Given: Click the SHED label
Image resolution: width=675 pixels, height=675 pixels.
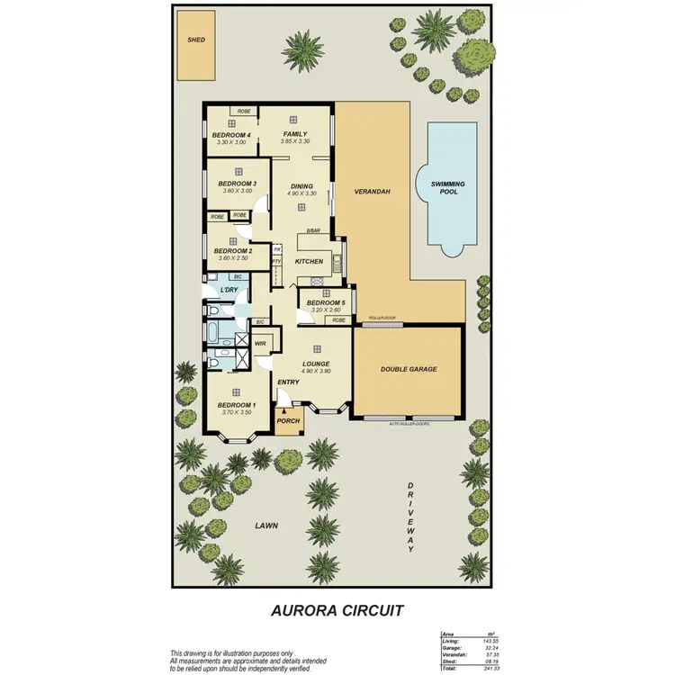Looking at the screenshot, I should click(x=196, y=40).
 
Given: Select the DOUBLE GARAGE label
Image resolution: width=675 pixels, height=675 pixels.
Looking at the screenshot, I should click(x=409, y=369).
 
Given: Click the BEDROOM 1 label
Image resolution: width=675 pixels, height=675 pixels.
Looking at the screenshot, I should click(x=237, y=405).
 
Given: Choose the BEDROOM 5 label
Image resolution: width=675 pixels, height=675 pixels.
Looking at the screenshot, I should click(x=326, y=303).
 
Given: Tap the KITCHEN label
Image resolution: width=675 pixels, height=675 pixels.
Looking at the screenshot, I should click(x=309, y=261).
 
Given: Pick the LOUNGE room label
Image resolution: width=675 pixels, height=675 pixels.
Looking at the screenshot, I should click(x=316, y=364).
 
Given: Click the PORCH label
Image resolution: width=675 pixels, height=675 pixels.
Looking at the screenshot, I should click(x=288, y=421).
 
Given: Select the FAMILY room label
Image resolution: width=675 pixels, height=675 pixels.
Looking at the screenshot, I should click(x=295, y=134).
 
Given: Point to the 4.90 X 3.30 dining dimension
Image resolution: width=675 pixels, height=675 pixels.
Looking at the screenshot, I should click(x=301, y=194).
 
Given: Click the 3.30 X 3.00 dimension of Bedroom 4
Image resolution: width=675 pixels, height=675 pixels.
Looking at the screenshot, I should click(x=231, y=142).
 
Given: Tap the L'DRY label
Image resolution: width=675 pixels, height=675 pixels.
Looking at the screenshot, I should click(x=229, y=291).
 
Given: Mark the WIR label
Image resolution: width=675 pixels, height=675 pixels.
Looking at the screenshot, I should click(x=259, y=344).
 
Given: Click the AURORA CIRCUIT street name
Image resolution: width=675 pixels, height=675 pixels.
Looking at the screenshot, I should click(x=337, y=609).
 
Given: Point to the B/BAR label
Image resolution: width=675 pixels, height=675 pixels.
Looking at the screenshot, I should click(x=313, y=231).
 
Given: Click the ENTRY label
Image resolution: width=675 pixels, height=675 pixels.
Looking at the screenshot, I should click(x=288, y=382).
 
